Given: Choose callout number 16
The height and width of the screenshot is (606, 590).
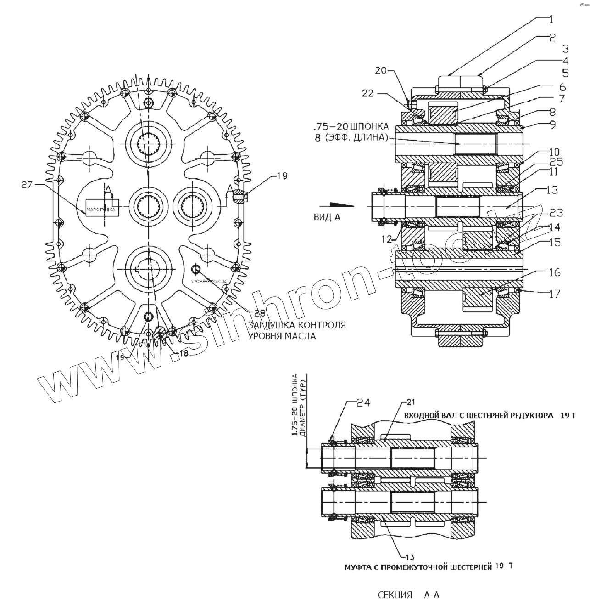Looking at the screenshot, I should point(554,272).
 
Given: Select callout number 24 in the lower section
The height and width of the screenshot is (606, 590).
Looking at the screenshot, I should point(363,402).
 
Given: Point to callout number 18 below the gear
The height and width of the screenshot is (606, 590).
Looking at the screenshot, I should point(184,353).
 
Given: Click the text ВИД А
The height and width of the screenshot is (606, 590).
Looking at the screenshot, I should point(327,217).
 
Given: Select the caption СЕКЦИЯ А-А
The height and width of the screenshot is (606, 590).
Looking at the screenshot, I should point(408,595).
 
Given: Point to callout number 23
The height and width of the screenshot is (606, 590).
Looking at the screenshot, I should point(556,213).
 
